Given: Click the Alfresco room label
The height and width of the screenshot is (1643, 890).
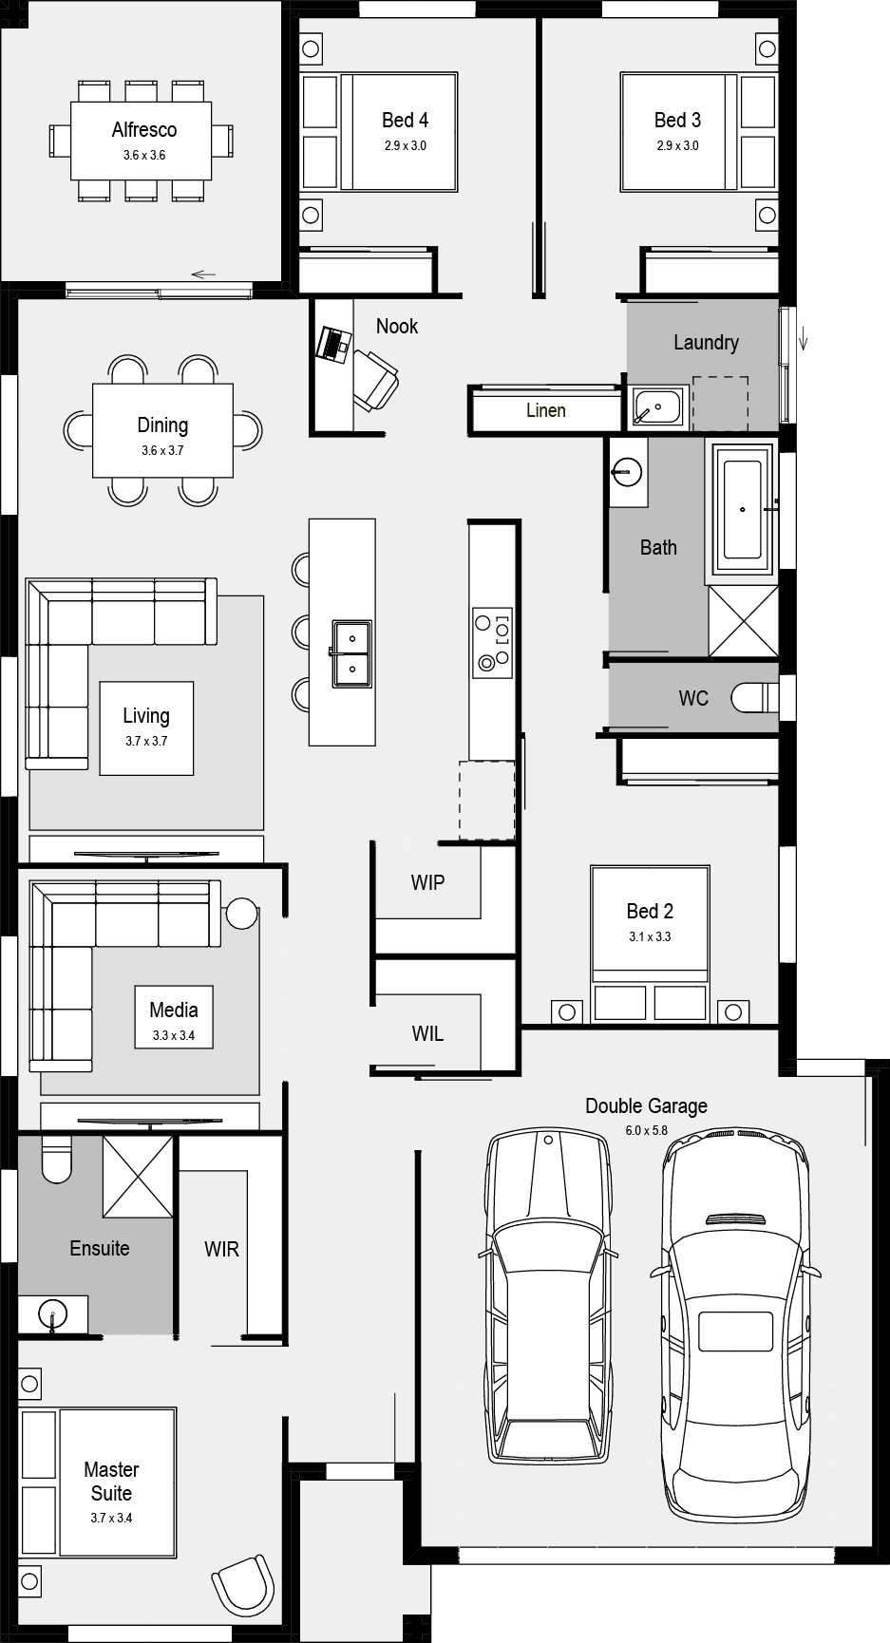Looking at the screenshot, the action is [x=144, y=130].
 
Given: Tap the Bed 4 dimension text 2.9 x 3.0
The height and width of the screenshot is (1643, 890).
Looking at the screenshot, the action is [x=406, y=145].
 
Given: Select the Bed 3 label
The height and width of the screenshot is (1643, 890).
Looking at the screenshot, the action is [x=677, y=120].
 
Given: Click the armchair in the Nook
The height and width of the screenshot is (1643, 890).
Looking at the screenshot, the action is [x=376, y=379].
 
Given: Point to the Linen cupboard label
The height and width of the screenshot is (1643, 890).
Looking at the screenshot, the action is [x=546, y=410].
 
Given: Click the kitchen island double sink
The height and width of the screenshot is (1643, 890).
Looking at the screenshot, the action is [x=351, y=653].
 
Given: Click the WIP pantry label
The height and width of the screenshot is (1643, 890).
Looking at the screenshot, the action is [x=427, y=882].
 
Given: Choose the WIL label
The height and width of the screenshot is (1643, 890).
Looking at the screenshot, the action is [x=427, y=1033].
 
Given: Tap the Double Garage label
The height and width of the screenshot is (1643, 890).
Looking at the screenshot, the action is [x=646, y=1105].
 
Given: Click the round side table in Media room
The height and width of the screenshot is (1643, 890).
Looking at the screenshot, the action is [x=241, y=914].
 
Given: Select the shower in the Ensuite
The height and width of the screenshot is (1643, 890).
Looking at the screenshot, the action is [x=139, y=1175].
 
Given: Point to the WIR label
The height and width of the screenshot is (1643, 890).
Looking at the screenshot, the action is [x=221, y=1249].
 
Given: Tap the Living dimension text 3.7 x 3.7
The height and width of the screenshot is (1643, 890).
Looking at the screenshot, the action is [x=146, y=741].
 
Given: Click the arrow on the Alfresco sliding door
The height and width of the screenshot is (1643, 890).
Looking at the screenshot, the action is [x=203, y=275].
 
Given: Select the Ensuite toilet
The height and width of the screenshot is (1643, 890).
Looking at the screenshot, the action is [x=57, y=1159].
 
